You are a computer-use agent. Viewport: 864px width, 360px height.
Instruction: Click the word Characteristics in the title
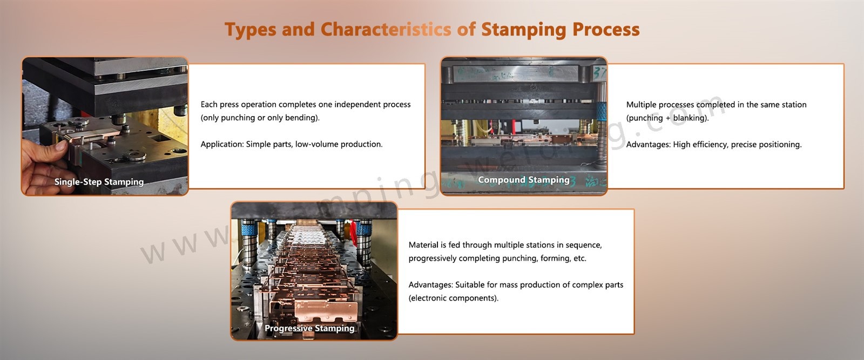tap(386, 30)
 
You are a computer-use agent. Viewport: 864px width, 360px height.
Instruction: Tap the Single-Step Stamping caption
tap(99, 182)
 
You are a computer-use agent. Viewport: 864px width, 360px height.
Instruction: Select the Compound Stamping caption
tap(523, 180)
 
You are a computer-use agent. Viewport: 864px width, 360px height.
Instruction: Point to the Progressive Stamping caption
tap(309, 328)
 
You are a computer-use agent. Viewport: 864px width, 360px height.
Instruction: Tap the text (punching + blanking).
tap(667, 118)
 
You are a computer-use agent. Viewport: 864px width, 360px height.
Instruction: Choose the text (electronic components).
tap(453, 298)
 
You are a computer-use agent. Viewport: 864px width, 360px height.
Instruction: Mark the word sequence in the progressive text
tap(583, 244)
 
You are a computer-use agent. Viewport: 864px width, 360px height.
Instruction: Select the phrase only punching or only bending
tap(260, 118)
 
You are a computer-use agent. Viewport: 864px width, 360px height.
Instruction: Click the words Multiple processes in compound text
tap(659, 105)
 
